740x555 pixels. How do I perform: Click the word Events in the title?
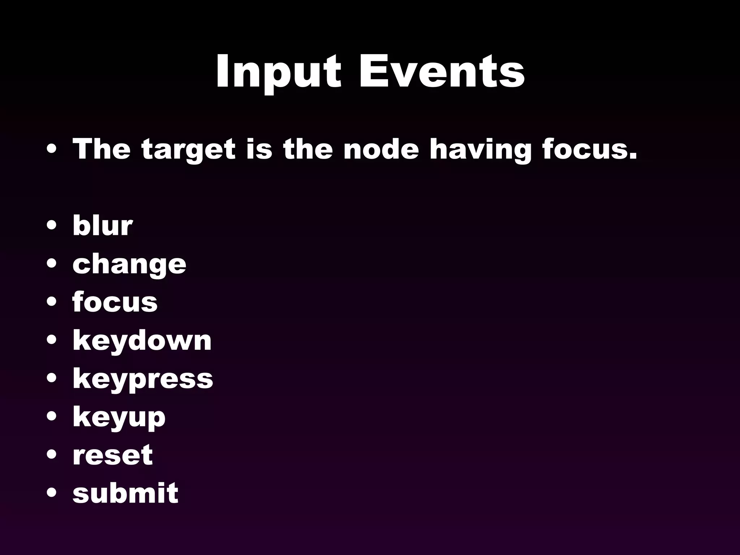pyautogui.click(x=442, y=71)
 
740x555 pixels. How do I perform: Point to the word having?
pyautogui.click(x=481, y=150)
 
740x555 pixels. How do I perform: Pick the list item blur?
pyautogui.click(x=103, y=225)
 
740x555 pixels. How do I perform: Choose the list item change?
pyautogui.click(x=129, y=264)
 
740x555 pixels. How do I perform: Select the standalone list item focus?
pyautogui.click(x=115, y=302)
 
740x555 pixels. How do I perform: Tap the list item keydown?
pyautogui.click(x=142, y=340)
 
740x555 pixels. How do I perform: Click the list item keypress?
pyautogui.click(x=143, y=379)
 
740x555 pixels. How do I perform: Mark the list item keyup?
pyautogui.click(x=119, y=418)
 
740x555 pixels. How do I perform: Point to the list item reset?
pyautogui.click(x=112, y=455)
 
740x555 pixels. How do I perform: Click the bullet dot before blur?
pyautogui.click(x=52, y=226)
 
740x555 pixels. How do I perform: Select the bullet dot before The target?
pyautogui.click(x=52, y=150)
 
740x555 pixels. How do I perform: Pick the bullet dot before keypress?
pyautogui.click(x=52, y=379)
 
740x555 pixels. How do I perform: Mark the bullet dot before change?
pyautogui.click(x=52, y=264)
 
